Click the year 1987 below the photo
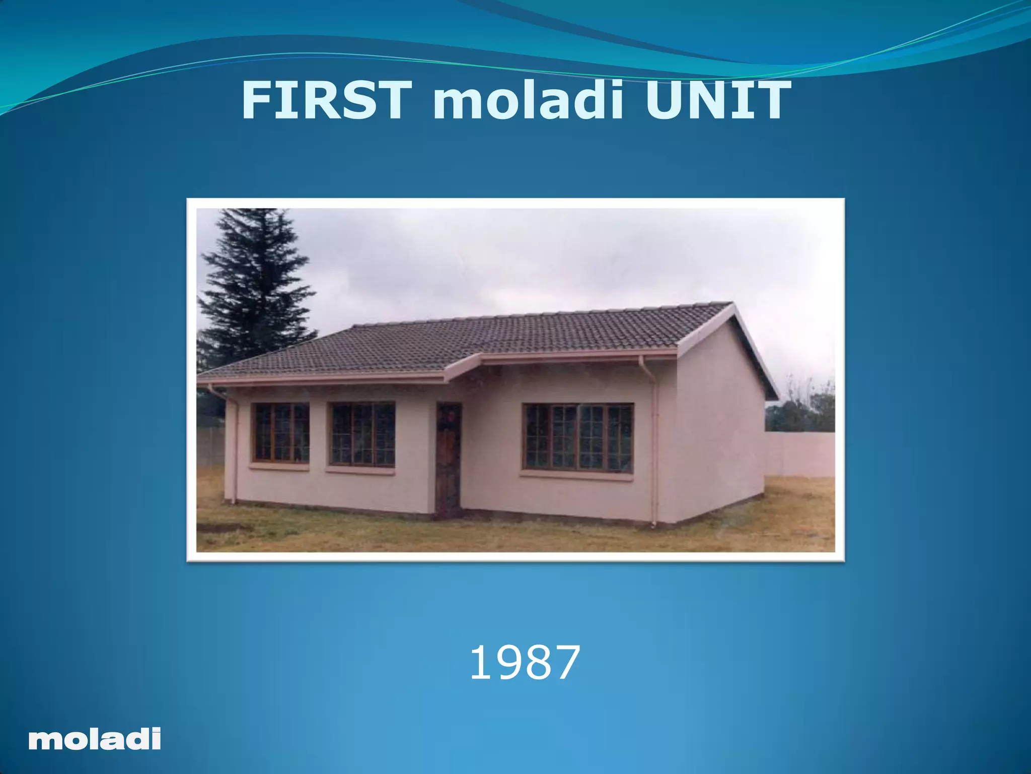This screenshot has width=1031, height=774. tap(525, 663)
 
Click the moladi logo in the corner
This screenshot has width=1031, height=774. tap(95, 740)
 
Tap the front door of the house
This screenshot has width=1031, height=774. tap(448, 460)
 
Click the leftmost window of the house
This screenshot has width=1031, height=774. tap(281, 432)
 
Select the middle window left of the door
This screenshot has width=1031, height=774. tap(362, 434)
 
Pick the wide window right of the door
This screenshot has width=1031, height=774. tap(578, 437)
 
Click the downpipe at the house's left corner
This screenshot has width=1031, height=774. tap(233, 443)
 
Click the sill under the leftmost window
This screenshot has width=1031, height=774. tap(279, 466)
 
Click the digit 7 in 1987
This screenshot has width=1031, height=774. tap(565, 663)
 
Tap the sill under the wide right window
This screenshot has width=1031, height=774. tap(577, 475)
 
